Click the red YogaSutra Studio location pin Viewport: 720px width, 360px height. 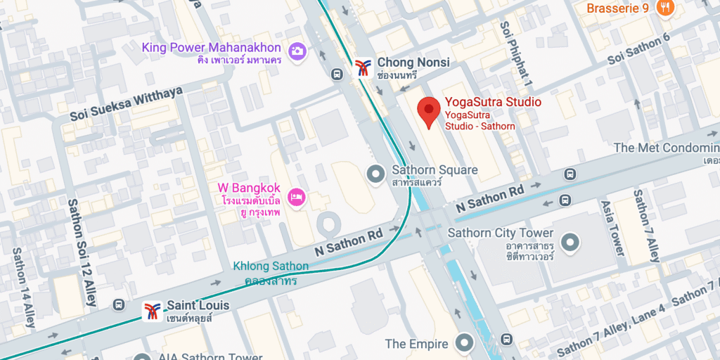pos(429,112)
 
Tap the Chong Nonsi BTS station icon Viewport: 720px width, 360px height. pos(363,67)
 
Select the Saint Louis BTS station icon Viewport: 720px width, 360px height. pos(152,311)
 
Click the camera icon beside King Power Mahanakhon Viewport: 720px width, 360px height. pos(297,50)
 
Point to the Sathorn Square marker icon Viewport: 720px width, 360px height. pos(377,172)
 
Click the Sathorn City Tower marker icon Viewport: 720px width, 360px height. pos(570,243)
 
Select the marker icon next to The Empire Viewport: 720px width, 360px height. pos(463,343)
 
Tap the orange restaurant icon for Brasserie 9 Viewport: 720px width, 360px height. pos(664,8)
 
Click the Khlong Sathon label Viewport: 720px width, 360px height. pos(270,273)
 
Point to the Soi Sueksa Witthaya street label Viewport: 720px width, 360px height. pos(127,105)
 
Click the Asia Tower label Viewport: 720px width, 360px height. pos(612,229)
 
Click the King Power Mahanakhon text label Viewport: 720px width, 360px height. pos(212,48)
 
